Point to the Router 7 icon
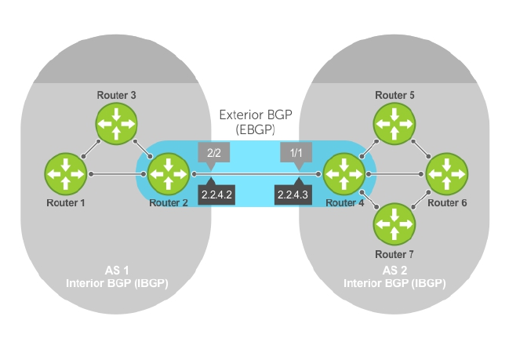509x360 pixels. tap(394, 224)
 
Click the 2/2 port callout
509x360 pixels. tap(216, 153)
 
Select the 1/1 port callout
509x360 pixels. tap(296, 153)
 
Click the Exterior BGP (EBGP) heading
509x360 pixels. tap(256, 121)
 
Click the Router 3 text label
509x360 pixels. tap(116, 95)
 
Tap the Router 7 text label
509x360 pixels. tap(394, 254)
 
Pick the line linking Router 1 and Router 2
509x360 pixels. tap(118, 173)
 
